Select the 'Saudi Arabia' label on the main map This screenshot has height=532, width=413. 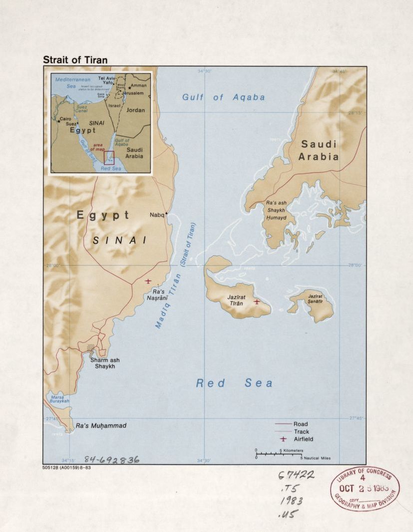319,150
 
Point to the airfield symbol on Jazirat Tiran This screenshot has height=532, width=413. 257,301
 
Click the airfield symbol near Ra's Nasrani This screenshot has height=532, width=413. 148,281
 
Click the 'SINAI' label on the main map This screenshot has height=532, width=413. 119,240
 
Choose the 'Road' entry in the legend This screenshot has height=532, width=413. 300,424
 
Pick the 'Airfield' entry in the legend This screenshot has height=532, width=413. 303,439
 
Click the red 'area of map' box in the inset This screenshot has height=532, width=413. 109,158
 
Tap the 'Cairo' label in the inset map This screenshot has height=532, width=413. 65,119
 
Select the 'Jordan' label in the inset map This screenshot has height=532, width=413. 135,110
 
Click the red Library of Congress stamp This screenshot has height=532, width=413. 365,489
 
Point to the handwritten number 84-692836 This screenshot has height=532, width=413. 111,460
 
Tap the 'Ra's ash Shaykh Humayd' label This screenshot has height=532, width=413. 276,210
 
